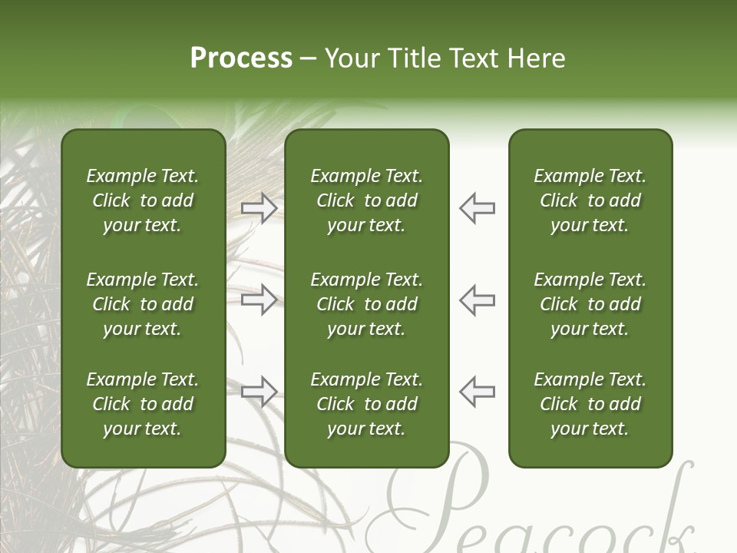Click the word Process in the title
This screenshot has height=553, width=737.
(x=241, y=58)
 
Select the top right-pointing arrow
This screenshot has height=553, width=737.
(x=259, y=208)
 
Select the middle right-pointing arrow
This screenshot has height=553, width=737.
(x=259, y=300)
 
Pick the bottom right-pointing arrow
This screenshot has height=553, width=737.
(x=259, y=391)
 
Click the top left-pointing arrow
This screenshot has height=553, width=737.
(x=478, y=208)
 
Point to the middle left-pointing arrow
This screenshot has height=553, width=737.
(x=478, y=300)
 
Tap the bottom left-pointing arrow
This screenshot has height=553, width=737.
(x=478, y=391)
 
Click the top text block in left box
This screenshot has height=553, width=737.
(x=143, y=200)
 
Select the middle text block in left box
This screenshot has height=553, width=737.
(x=143, y=304)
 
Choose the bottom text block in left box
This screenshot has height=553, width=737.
(x=143, y=404)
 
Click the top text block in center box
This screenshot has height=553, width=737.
(x=366, y=200)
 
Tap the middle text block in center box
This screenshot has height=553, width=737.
(x=366, y=304)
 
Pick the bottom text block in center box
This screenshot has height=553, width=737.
(x=366, y=404)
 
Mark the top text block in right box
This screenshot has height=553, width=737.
(x=590, y=200)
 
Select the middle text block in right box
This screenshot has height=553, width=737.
(x=590, y=304)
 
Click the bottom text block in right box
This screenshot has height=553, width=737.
(x=590, y=404)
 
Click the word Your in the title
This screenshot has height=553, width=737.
(x=352, y=58)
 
